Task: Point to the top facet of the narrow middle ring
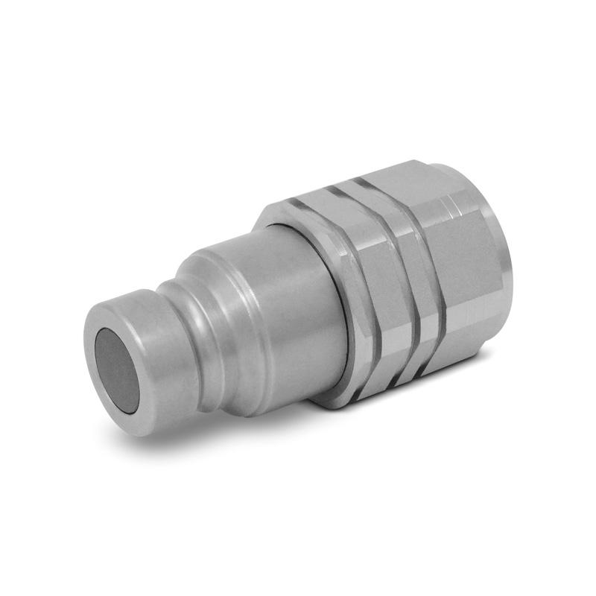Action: [365, 190]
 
